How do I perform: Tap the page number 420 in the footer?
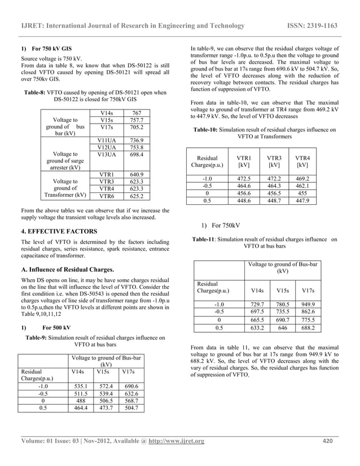[328, 441]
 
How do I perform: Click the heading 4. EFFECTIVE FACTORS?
[58, 231]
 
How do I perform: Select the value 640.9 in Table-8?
[137, 174]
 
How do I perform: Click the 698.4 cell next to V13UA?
[137, 154]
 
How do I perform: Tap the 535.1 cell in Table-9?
[82, 386]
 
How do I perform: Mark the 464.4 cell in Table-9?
[82, 408]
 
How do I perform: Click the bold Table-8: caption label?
[35, 92]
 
